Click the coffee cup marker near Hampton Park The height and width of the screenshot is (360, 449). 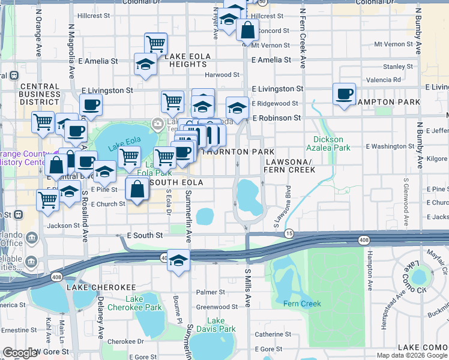344,95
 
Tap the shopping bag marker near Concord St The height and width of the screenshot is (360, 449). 247,29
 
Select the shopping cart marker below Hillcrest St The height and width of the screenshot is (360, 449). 155,44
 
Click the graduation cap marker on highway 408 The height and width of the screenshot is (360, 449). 178,261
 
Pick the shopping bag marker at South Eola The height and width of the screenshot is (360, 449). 137,190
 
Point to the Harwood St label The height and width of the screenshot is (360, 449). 222,75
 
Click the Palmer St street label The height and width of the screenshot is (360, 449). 210,292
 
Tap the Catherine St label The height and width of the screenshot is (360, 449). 273,334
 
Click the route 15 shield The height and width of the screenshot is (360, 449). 289,233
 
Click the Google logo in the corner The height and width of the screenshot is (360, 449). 20,353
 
